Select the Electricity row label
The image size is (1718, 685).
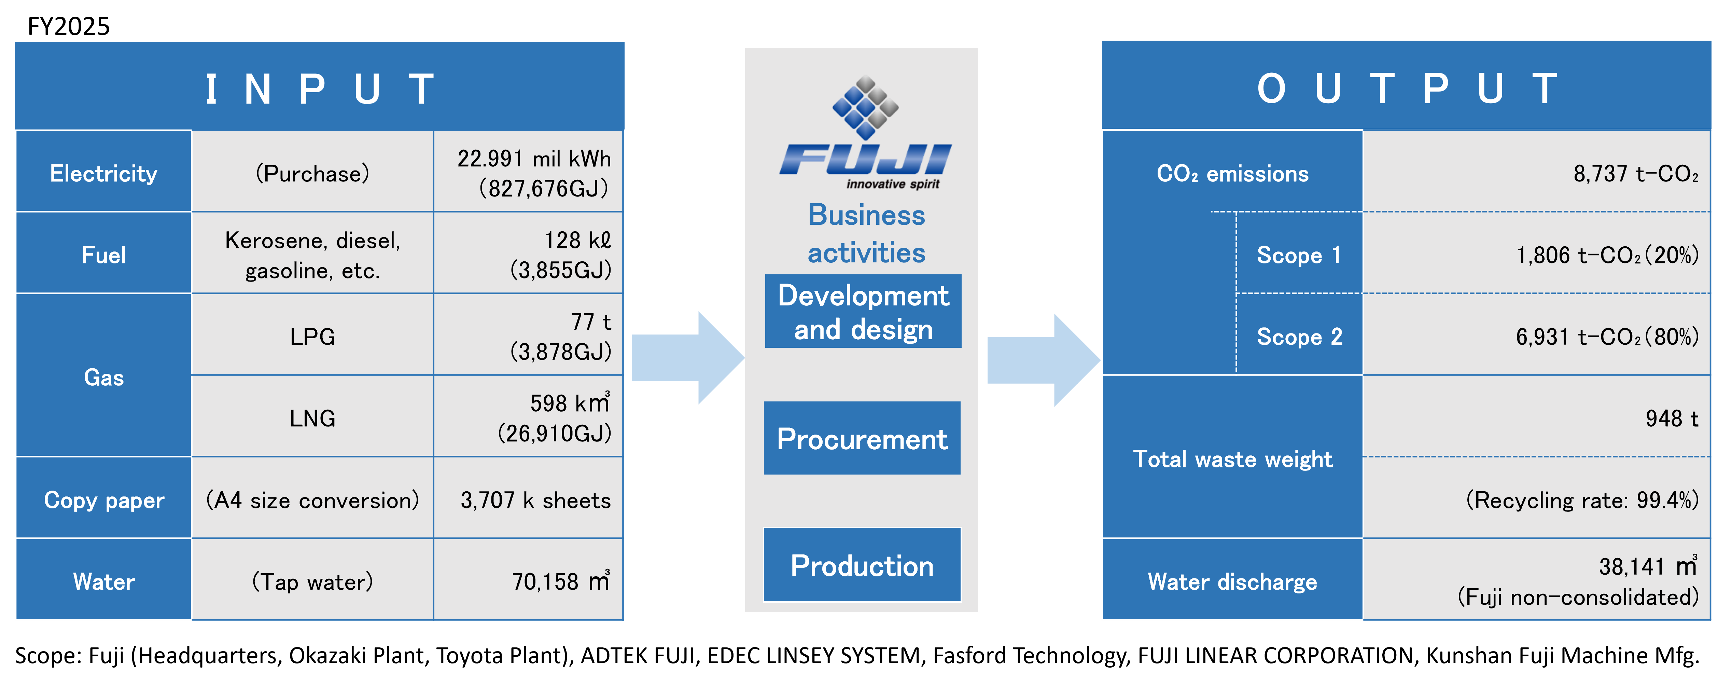pos(103,174)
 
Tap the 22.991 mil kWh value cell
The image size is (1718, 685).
pos(533,174)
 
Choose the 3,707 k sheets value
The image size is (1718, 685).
pos(535,500)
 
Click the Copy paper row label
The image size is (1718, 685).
pos(103,500)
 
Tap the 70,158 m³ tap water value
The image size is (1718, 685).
pos(561,581)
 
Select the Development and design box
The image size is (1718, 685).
pos(863,312)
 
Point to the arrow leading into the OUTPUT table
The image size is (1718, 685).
pos(1043,360)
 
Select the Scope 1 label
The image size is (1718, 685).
pos(1299,255)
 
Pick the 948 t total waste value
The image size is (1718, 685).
pos(1672,418)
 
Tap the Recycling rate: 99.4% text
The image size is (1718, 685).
pos(1582,500)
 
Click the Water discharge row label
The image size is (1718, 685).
pos(1232,581)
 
